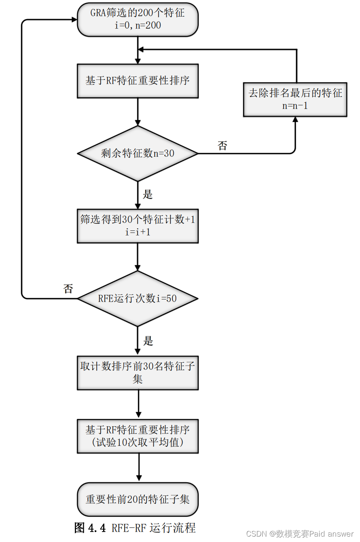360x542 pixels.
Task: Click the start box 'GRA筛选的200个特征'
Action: [x=138, y=19]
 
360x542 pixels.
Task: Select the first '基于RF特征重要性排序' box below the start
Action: [x=138, y=81]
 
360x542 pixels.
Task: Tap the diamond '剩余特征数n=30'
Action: [x=138, y=153]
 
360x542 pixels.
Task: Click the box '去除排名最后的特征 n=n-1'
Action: [x=295, y=99]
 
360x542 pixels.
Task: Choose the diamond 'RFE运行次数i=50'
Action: [x=138, y=299]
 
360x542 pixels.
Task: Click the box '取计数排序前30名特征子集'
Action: [x=138, y=373]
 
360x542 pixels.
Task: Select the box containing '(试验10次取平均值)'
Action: [x=138, y=443]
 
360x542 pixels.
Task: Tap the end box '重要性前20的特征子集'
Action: [x=138, y=499]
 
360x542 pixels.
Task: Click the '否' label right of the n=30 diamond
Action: [x=222, y=146]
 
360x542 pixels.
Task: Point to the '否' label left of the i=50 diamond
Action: [x=68, y=289]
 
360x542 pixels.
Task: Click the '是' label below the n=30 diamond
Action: [x=148, y=194]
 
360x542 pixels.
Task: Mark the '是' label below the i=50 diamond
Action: [x=148, y=341]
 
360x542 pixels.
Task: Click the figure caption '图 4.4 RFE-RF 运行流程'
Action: [x=135, y=528]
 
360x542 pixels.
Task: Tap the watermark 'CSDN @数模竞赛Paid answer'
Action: [x=300, y=534]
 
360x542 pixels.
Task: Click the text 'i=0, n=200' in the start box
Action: [x=138, y=25]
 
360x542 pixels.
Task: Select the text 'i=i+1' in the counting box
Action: [x=138, y=232]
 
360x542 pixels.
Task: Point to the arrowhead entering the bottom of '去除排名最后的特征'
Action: [x=295, y=120]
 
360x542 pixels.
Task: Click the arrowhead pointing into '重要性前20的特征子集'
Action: [x=138, y=478]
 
